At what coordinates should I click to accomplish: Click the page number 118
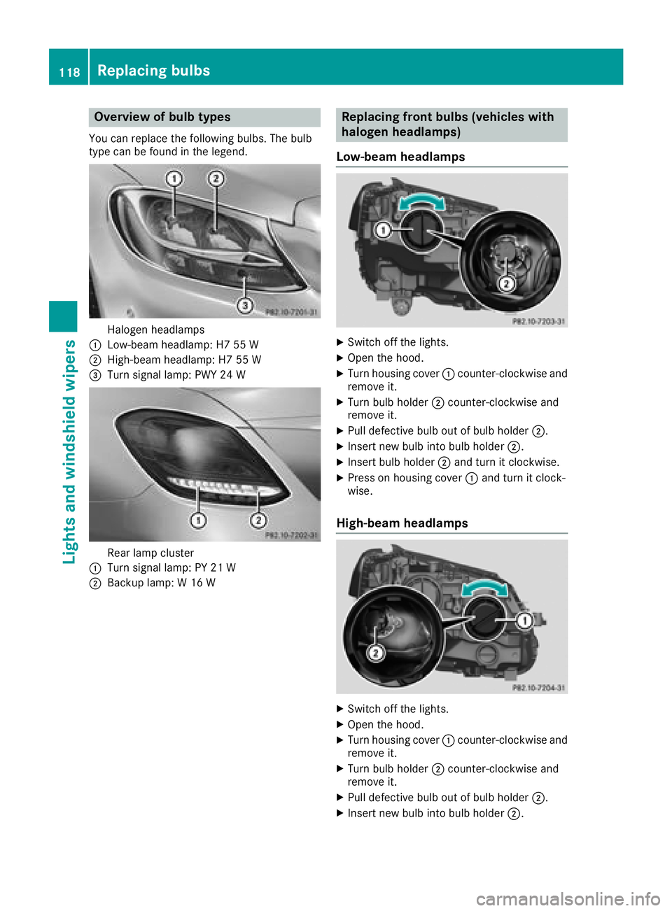[x=69, y=72]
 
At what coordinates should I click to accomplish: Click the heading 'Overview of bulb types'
[x=162, y=117]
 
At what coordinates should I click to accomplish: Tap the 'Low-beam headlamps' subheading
[x=400, y=157]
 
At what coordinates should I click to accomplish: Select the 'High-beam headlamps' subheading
[x=402, y=523]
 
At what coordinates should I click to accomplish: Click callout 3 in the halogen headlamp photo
[x=244, y=305]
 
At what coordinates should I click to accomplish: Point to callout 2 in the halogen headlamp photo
[x=216, y=179]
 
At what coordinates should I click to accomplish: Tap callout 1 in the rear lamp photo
[x=199, y=520]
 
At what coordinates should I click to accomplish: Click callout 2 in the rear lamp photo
[x=258, y=520]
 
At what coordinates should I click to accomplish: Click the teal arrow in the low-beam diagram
[x=421, y=202]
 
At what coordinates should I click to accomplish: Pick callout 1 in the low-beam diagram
[x=383, y=230]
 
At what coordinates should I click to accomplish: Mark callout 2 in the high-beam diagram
[x=376, y=653]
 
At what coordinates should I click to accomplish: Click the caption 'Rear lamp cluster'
[x=150, y=553]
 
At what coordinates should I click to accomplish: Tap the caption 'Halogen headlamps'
[x=156, y=330]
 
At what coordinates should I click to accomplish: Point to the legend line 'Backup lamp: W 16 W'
[x=161, y=583]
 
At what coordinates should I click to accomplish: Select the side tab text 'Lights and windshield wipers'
[x=69, y=451]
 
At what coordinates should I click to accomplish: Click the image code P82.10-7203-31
[x=538, y=321]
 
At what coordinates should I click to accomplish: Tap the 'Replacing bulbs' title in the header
[x=154, y=71]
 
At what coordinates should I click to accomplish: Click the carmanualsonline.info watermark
[x=568, y=898]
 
